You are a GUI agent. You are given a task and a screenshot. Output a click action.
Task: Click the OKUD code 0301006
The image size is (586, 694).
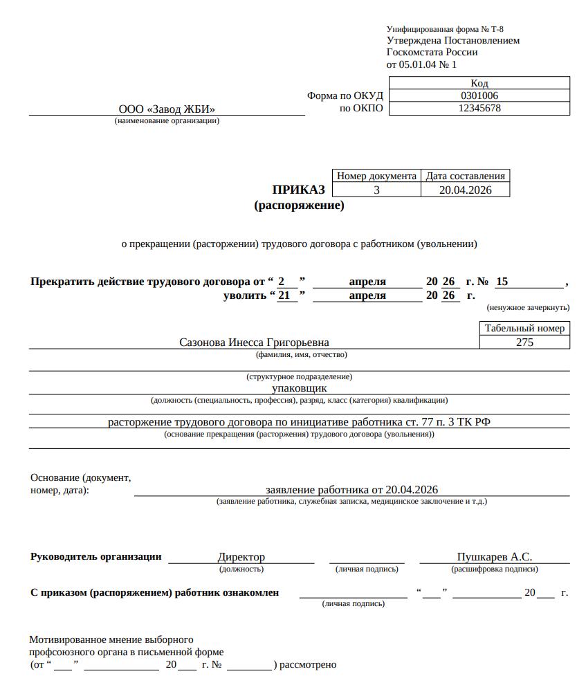click(x=479, y=95)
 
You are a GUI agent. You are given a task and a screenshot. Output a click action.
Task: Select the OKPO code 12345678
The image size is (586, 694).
click(x=479, y=108)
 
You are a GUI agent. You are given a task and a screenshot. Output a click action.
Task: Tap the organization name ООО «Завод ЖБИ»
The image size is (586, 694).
click(x=167, y=109)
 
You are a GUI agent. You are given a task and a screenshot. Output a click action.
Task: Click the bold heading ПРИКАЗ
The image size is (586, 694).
click(x=298, y=190)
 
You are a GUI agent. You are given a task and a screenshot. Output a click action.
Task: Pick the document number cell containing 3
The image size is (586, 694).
click(x=376, y=190)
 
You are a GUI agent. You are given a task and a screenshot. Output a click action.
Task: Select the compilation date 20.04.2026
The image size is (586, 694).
click(x=465, y=190)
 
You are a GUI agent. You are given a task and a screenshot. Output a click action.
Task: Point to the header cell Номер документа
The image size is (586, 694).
click(x=376, y=176)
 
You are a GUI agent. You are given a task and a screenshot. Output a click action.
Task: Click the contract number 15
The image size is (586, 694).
click(x=502, y=282)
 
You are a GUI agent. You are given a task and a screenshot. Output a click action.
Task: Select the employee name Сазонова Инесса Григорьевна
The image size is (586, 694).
click(x=254, y=343)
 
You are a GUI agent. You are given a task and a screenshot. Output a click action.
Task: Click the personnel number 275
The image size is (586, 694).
click(x=524, y=342)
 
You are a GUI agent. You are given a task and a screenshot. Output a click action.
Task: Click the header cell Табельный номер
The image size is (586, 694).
click(x=524, y=329)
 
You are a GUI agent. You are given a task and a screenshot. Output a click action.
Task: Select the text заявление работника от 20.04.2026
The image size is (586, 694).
click(x=351, y=489)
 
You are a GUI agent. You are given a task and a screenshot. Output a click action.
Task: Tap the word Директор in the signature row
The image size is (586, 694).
click(x=241, y=557)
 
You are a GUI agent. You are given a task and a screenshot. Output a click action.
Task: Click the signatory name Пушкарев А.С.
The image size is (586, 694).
click(x=494, y=557)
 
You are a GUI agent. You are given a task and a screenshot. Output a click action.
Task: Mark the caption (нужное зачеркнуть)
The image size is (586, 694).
click(x=528, y=307)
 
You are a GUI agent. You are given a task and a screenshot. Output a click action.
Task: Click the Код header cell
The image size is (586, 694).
click(x=479, y=83)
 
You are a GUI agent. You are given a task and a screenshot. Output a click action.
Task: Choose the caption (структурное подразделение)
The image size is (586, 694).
click(x=299, y=376)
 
